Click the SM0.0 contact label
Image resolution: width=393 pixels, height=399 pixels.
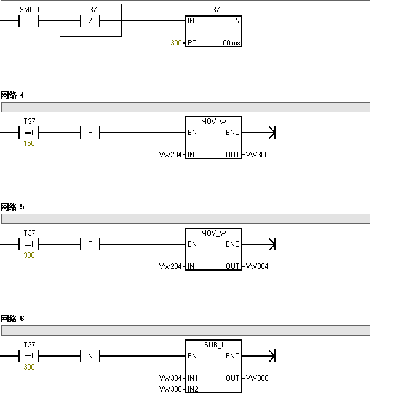coord(29,10)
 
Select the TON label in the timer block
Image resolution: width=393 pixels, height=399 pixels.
coord(232,21)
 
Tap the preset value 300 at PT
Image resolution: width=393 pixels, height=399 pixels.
coord(176,43)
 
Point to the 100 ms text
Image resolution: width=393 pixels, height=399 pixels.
coord(229,43)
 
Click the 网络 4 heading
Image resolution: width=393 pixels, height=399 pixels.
coord(13,95)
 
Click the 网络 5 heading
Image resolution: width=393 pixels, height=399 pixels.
coord(13,207)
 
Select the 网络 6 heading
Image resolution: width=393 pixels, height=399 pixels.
coord(13,319)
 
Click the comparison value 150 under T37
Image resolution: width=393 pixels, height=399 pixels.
coord(29,144)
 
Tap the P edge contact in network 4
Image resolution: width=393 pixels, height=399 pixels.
coord(90,133)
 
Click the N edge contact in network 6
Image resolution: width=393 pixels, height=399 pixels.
coord(90,356)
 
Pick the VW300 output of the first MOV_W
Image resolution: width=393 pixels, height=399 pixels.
coord(257,155)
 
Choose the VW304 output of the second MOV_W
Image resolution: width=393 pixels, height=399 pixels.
coord(257,266)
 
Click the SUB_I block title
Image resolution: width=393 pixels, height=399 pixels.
coord(213,345)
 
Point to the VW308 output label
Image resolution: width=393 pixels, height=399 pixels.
coord(257,378)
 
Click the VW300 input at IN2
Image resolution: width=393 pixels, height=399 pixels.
coord(170,389)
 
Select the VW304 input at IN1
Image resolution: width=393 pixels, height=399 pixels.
coord(170,378)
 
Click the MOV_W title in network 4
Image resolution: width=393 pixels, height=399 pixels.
coord(213,122)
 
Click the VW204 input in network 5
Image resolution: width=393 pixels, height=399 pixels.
coord(170,266)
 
